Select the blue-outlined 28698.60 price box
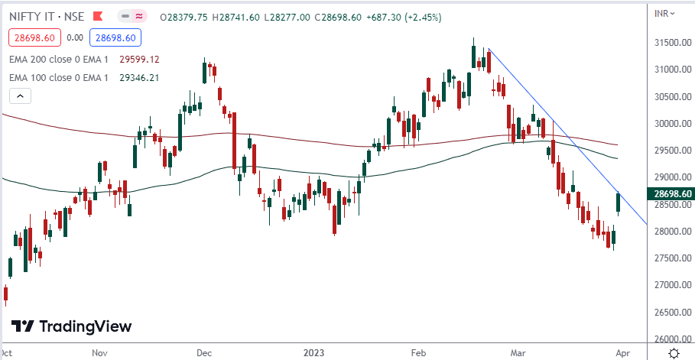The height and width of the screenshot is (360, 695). pos(113,37)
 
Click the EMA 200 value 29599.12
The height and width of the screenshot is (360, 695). pos(138,58)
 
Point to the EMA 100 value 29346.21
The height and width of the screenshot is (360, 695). pos(138,77)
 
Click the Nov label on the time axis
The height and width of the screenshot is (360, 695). pos(100,353)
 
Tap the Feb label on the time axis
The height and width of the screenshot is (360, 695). pos(418,353)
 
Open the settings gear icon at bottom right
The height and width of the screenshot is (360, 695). pos(674,352)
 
